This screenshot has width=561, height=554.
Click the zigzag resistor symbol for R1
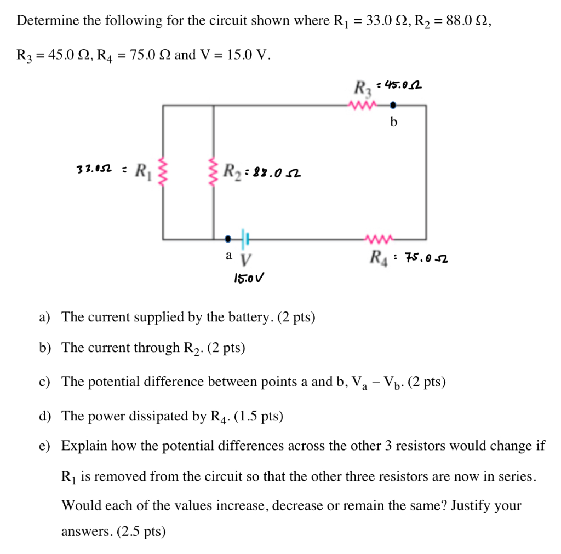point(162,171)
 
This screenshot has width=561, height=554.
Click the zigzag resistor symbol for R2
point(213,171)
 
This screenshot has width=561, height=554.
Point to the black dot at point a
point(228,239)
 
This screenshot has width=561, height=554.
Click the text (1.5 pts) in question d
point(258,417)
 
